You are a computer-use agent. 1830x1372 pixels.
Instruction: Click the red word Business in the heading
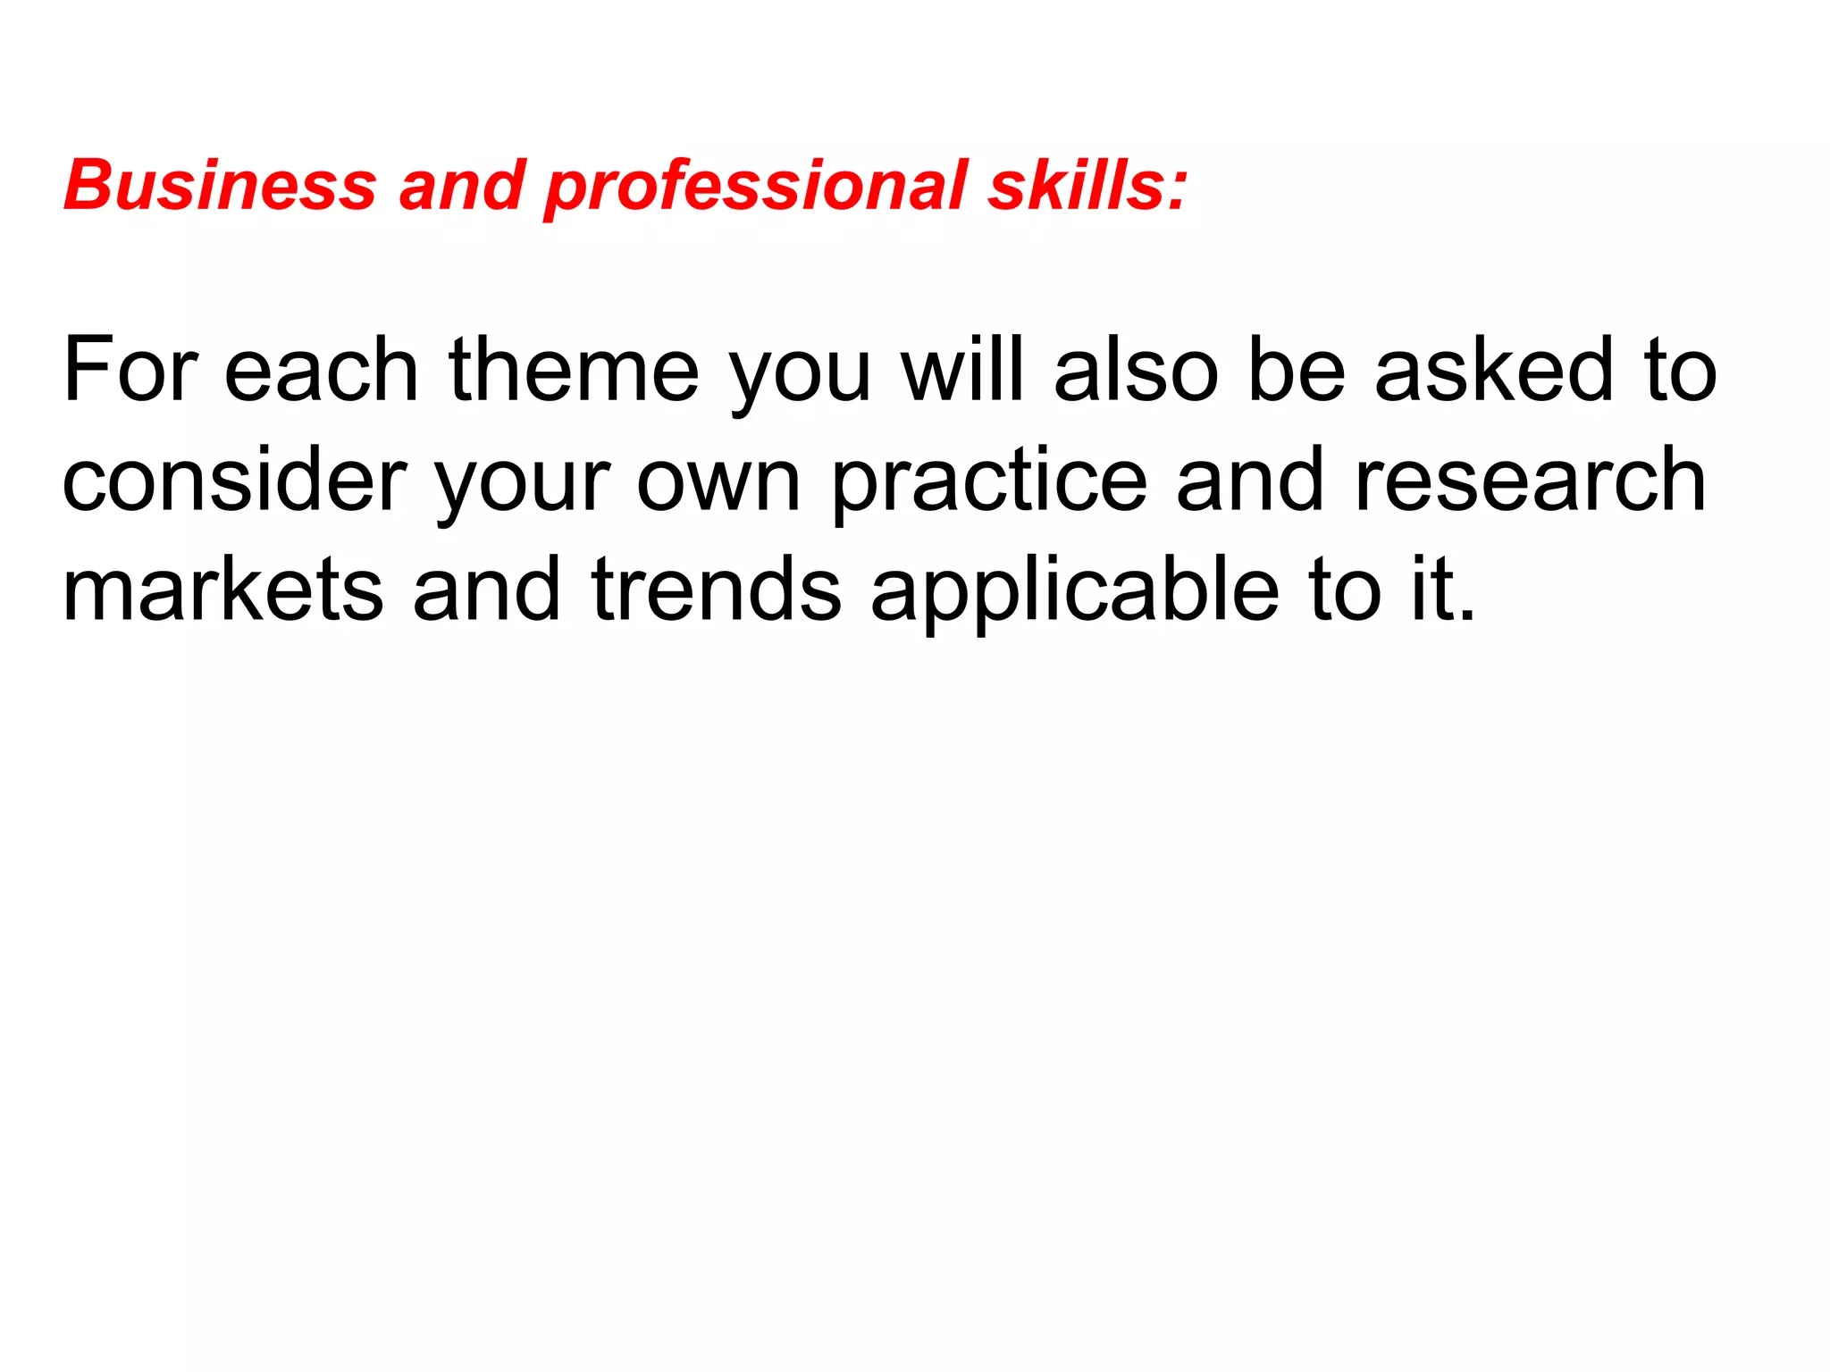tap(220, 186)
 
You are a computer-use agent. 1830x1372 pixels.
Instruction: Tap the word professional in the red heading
tap(756, 188)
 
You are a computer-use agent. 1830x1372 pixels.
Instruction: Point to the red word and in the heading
tap(461, 186)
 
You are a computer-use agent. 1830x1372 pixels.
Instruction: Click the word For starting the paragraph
tap(130, 370)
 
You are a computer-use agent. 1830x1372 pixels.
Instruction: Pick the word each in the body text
tap(321, 370)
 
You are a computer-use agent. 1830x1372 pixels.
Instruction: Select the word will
tap(961, 370)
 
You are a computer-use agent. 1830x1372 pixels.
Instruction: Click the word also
tap(1136, 370)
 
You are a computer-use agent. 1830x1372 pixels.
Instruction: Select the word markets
tap(222, 590)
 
